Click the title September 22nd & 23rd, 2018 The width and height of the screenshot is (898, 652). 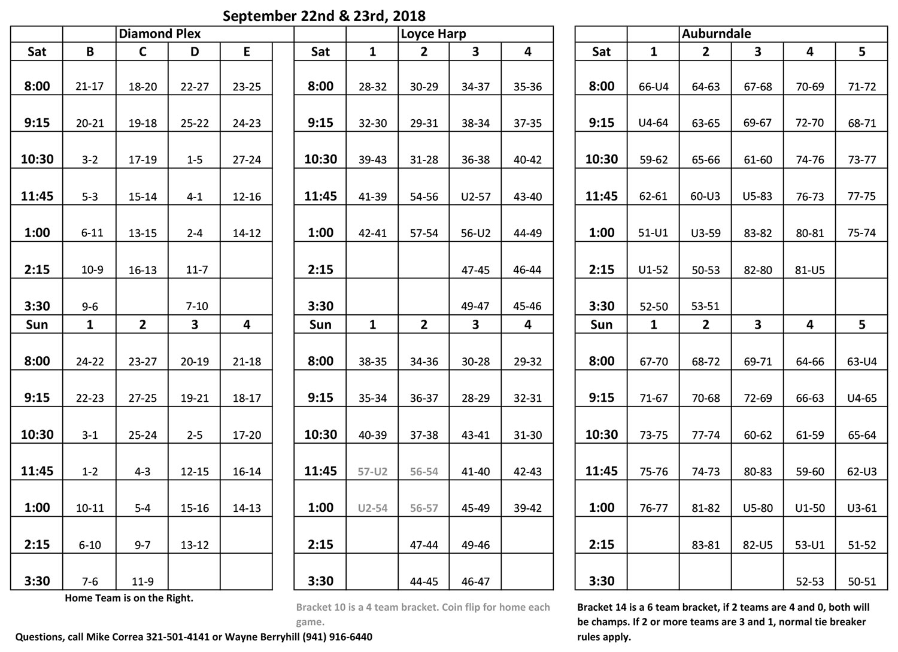[324, 16]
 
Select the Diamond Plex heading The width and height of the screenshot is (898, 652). [159, 34]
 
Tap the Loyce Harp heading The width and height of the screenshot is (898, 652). [433, 34]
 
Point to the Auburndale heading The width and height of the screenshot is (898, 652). [715, 34]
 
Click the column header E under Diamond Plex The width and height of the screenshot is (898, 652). [247, 51]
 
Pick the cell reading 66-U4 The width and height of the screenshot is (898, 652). [653, 87]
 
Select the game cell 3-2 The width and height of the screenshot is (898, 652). [90, 160]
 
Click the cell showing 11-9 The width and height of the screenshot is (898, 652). [142, 581]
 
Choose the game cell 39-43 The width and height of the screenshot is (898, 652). [372, 160]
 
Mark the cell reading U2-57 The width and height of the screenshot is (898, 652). [475, 196]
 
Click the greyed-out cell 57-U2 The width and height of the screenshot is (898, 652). [372, 472]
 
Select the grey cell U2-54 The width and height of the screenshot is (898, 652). [372, 508]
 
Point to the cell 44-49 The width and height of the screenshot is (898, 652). [527, 233]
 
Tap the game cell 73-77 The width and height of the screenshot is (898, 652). [861, 160]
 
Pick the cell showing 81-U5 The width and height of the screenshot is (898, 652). [809, 270]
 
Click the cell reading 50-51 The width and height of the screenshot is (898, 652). [861, 581]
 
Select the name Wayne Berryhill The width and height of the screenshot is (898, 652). [268, 637]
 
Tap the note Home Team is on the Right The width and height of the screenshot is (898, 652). [129, 598]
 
